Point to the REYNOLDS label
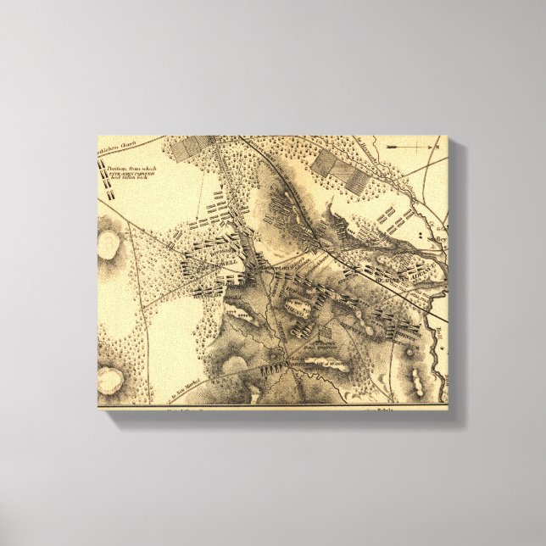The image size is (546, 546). click(x=207, y=293)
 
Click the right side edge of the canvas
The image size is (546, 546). click(x=455, y=280)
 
